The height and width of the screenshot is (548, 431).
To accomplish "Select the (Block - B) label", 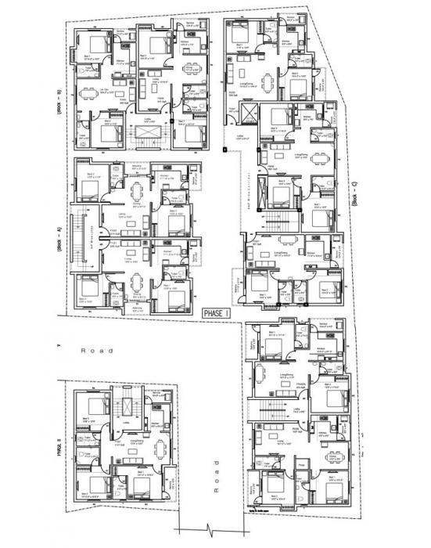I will (59, 103).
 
